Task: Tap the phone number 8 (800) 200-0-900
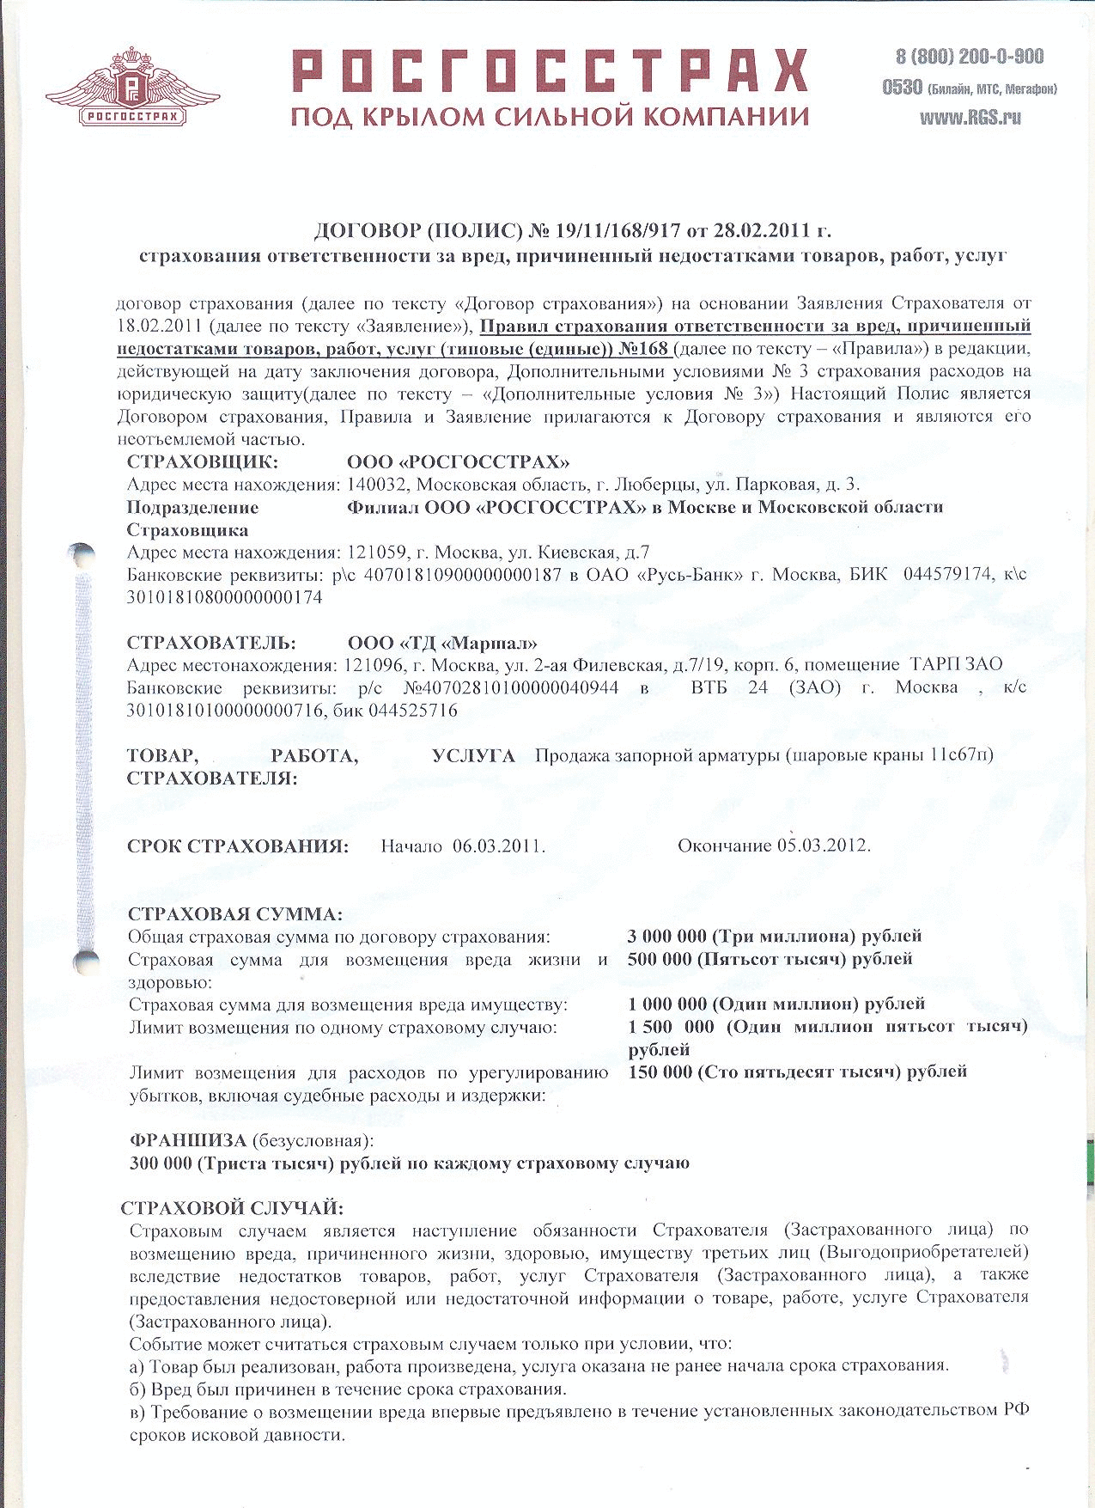coord(970,57)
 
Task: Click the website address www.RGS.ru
coord(970,119)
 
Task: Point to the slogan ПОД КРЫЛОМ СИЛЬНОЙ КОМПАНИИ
coord(550,116)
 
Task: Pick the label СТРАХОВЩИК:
coord(203,462)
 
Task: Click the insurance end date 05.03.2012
coord(824,846)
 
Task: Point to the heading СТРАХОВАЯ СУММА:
coord(234,913)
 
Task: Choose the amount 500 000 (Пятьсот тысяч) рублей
coord(770,958)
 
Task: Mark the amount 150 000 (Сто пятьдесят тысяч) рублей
coord(797,1071)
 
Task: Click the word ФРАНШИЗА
coord(187,1140)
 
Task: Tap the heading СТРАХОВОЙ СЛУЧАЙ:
coord(232,1208)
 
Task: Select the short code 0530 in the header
coord(902,88)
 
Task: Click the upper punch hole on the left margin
coord(82,553)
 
